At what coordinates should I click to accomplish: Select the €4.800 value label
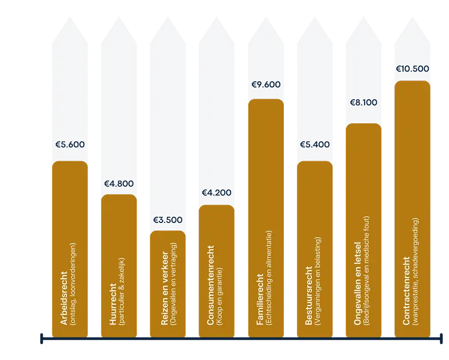119,184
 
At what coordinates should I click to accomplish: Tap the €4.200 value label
216,193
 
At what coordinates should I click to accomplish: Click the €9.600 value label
266,85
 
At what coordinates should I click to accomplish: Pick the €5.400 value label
314,144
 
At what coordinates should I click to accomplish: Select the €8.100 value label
364,103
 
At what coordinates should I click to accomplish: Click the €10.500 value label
412,69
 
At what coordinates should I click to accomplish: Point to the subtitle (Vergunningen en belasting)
318,283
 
